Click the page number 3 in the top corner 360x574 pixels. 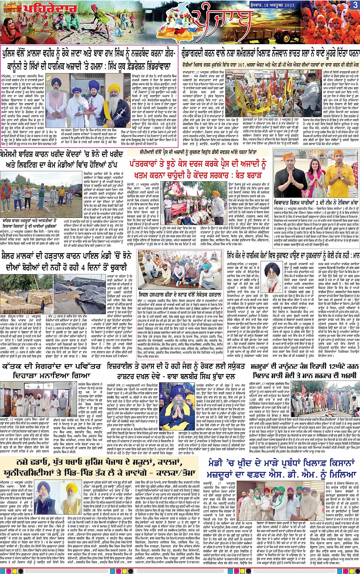[x=355, y=5]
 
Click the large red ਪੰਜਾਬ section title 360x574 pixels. [x=223, y=21]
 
